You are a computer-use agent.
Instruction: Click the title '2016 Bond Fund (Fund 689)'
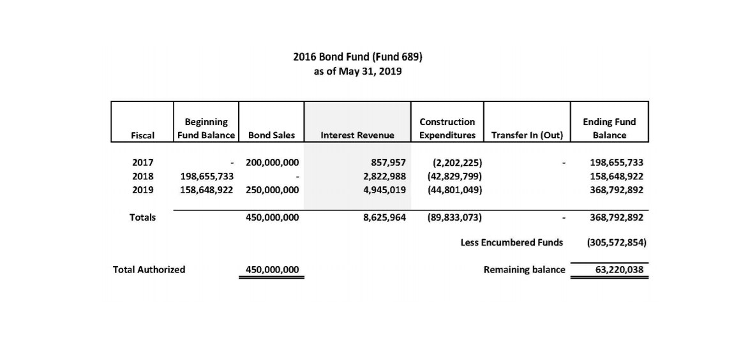click(357, 56)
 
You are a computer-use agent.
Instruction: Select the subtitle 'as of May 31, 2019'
click(357, 71)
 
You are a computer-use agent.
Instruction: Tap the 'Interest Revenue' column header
click(357, 135)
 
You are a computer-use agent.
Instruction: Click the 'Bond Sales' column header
click(271, 135)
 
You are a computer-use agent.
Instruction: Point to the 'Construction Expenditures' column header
click(447, 128)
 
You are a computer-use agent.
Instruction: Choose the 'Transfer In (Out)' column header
click(527, 135)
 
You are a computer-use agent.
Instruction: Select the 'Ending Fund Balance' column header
click(609, 128)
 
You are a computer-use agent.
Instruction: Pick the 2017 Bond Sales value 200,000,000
click(272, 163)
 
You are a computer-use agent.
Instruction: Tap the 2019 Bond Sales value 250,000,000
click(272, 189)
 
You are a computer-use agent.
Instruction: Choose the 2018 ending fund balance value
click(617, 176)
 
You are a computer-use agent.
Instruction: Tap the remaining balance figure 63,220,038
click(619, 270)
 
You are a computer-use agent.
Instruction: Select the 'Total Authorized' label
click(149, 269)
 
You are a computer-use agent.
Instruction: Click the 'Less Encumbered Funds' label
click(512, 242)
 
